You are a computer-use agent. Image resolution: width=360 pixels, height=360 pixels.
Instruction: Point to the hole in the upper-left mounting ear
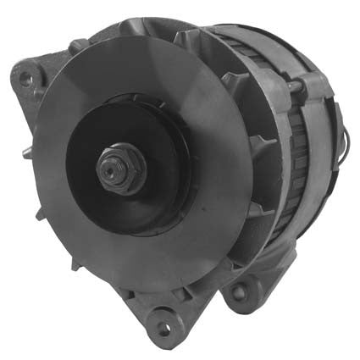tap(26, 78)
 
